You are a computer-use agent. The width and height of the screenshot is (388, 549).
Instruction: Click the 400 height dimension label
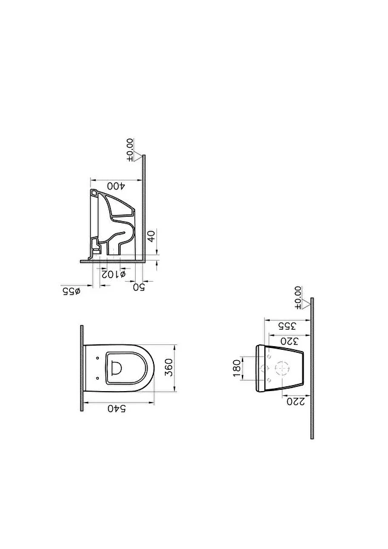click(116, 186)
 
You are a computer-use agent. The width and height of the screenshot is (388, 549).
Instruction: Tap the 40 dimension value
click(152, 236)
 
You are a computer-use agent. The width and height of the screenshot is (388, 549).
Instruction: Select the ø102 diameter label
click(113, 274)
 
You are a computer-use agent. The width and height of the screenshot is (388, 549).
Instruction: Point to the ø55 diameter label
click(72, 291)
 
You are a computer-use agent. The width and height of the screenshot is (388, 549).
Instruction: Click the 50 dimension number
click(139, 287)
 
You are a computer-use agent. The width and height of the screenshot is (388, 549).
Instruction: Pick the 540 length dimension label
click(117, 408)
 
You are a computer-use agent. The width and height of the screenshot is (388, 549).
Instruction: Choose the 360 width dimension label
click(169, 367)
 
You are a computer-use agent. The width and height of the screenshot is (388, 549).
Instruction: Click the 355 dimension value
click(287, 326)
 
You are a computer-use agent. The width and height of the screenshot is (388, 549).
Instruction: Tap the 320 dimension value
click(289, 341)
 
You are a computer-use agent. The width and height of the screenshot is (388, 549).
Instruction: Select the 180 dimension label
click(237, 369)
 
